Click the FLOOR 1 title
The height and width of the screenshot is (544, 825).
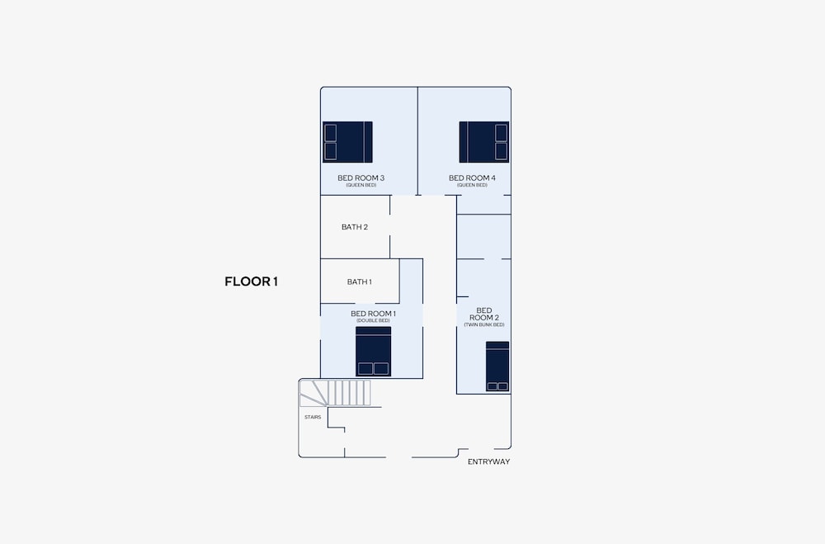point(251,281)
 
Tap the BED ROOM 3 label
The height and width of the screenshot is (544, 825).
point(361,178)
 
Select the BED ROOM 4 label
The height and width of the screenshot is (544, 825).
point(472,178)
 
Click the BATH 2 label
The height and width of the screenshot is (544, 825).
point(355,227)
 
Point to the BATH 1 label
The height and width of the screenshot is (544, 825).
point(360,281)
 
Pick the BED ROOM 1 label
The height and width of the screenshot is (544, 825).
point(373,314)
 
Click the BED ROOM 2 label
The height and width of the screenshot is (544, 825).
point(484,314)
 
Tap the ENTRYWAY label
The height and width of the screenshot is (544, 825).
point(488,461)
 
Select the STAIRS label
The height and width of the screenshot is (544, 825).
point(313,417)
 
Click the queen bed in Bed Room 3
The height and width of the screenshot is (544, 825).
point(348,142)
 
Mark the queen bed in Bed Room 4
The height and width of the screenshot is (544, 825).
point(484,142)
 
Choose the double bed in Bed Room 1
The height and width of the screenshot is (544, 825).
point(374,352)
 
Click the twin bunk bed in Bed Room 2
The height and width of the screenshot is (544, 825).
point(497,367)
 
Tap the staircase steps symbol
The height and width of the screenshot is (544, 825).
point(335,393)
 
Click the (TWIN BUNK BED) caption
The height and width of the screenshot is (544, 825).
point(484,325)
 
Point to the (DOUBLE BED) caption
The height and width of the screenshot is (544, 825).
point(373,321)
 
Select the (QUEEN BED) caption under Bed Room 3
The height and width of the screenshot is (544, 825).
point(361,186)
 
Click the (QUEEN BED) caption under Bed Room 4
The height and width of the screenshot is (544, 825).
point(472,186)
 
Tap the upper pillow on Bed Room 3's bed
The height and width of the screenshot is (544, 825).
point(331,133)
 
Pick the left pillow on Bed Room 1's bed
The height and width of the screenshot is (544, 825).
point(365,369)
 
